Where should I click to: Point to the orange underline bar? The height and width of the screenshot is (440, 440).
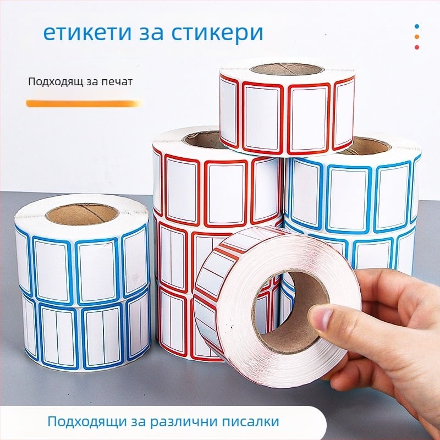(82, 103)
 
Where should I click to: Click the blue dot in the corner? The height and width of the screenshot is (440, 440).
(417, 26)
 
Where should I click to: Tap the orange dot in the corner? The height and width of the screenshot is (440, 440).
(417, 36)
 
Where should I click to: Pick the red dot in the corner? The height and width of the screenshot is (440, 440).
(417, 47)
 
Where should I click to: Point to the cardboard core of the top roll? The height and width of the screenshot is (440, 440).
(287, 69)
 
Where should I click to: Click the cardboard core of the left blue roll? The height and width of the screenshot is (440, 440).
(82, 213)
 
